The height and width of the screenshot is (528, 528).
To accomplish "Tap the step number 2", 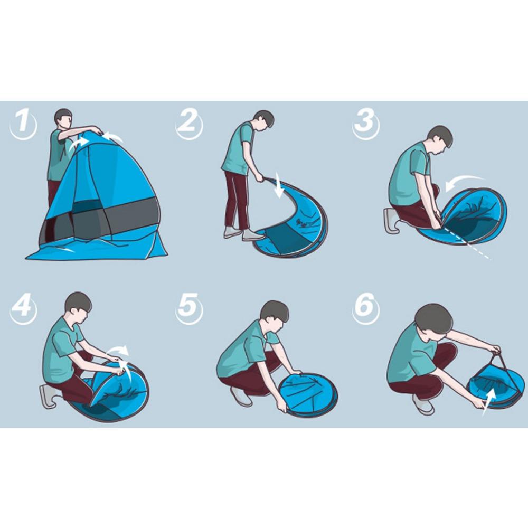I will point(187,122).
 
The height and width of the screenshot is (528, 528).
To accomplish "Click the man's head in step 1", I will point(63,119).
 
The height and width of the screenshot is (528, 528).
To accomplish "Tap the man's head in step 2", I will point(263,120).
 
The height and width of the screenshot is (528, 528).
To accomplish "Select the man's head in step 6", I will point(433,319).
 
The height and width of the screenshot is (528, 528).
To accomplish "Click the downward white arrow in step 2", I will point(278,188).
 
